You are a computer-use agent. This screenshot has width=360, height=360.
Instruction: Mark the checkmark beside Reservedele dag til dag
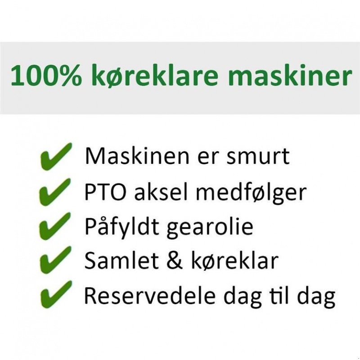point(55,295)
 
